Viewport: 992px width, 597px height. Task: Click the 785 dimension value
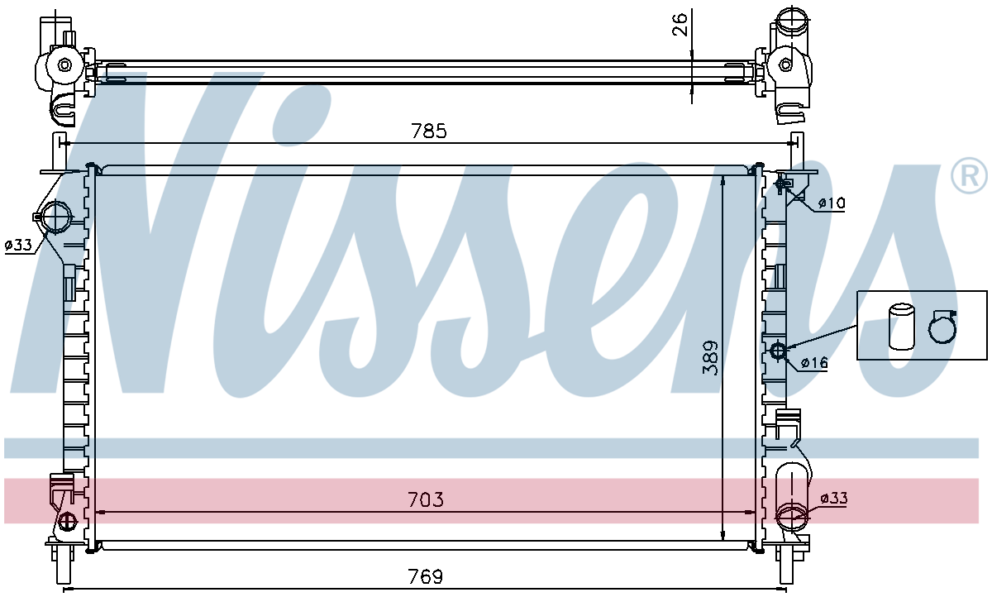[x=429, y=131]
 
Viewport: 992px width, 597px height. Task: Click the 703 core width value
[x=425, y=499]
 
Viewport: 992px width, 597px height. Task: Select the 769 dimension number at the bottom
[x=425, y=576]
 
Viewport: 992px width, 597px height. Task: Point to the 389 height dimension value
[x=709, y=358]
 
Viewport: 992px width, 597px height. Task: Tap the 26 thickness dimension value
[x=680, y=24]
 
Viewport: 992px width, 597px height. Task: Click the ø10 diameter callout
[x=832, y=203]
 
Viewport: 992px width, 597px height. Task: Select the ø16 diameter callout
[x=814, y=363]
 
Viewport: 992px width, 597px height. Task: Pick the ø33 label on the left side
[x=18, y=245]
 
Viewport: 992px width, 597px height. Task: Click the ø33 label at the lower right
[x=834, y=499]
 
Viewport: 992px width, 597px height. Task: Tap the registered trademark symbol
[x=969, y=175]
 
